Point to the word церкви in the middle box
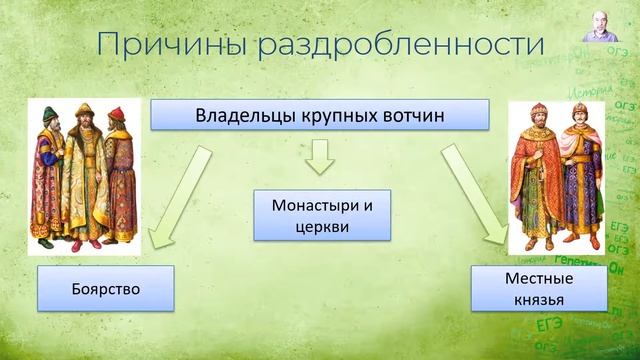point(321,227)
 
